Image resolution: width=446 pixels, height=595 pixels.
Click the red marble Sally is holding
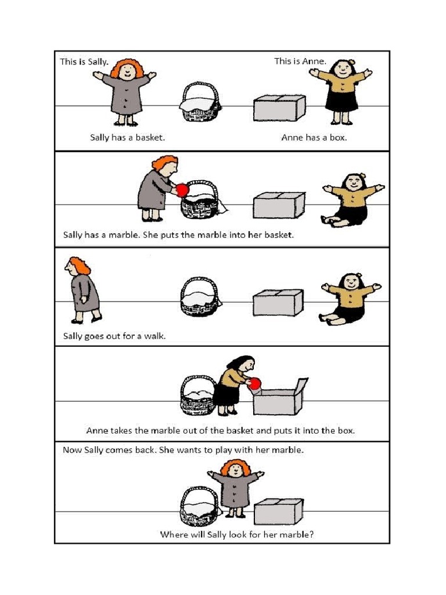tap(182, 190)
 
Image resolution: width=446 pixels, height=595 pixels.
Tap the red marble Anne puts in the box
tap(256, 383)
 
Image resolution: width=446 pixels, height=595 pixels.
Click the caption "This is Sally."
tap(84, 62)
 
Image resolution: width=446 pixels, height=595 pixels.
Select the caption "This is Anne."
tap(300, 61)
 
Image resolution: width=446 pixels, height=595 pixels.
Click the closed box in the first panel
tap(279, 108)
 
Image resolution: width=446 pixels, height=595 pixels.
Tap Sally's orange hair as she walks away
tap(80, 265)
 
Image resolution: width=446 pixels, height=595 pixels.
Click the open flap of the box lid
tap(301, 385)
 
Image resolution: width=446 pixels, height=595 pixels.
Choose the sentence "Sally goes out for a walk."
tap(114, 336)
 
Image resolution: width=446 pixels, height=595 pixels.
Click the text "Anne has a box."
tap(314, 137)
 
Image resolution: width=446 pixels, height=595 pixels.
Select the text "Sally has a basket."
tap(127, 137)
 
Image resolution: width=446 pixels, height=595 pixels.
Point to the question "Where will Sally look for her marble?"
tap(237, 535)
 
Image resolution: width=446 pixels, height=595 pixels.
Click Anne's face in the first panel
tap(343, 70)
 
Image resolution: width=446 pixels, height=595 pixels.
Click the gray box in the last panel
tap(278, 511)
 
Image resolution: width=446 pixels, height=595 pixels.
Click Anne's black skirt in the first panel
tap(342, 101)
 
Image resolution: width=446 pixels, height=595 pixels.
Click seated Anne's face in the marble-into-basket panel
tap(354, 183)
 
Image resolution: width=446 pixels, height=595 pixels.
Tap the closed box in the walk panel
tap(278, 302)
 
